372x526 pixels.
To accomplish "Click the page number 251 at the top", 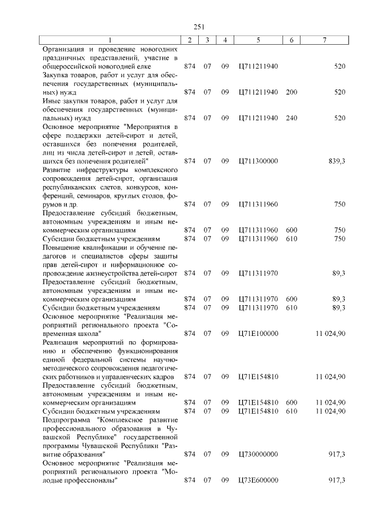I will click(194, 26).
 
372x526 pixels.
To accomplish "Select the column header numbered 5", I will click(257, 40).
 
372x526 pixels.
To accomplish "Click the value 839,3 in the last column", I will click(337, 160).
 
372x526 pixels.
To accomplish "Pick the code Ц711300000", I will click(259, 160).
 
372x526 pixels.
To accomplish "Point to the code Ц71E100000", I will click(259, 334).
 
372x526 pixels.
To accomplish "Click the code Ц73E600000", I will click(259, 480).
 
